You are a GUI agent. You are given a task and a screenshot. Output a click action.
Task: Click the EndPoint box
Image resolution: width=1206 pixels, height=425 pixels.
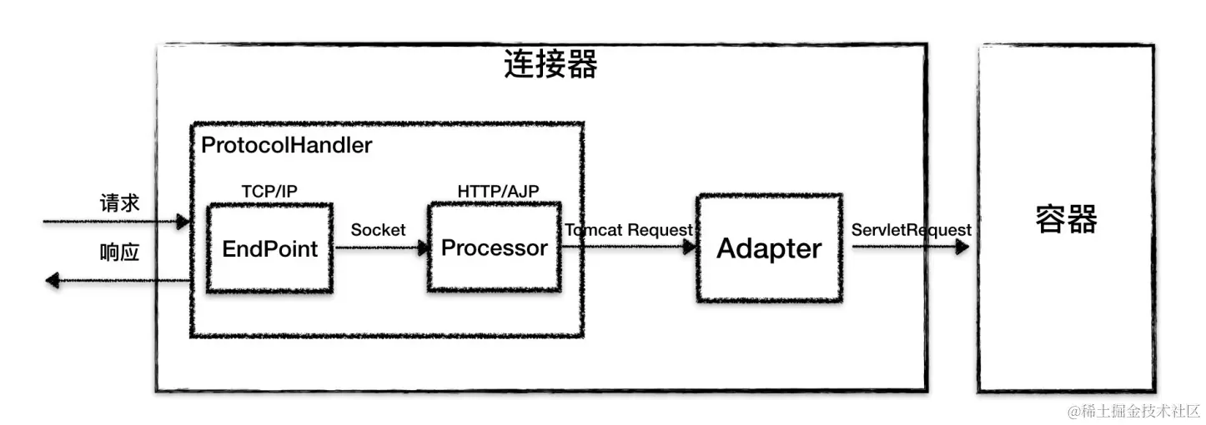[269, 248]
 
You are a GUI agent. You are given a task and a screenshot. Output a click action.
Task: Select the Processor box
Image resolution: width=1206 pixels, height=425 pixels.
[495, 247]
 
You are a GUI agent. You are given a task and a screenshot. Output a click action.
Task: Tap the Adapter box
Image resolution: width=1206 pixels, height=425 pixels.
[769, 248]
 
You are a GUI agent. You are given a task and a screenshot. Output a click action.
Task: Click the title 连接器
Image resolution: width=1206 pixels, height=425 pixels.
[550, 64]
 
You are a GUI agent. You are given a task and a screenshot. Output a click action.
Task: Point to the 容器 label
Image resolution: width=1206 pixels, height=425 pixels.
[1066, 219]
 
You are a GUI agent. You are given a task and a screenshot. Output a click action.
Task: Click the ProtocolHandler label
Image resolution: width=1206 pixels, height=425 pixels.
[286, 145]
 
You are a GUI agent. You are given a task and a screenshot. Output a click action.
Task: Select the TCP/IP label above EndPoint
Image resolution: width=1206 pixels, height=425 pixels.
[269, 191]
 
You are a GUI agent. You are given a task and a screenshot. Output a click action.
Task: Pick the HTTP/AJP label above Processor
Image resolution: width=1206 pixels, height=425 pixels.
[498, 191]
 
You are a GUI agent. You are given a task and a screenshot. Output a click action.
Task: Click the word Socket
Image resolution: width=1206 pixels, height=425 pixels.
[378, 230]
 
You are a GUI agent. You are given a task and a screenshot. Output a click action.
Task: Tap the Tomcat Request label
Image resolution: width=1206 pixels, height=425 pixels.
[629, 230]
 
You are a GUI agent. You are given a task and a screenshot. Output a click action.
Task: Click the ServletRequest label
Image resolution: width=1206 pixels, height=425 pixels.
[912, 230]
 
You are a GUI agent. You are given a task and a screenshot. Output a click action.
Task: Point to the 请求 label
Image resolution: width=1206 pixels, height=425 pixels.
[119, 203]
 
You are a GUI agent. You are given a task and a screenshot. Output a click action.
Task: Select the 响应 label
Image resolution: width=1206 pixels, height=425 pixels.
[119, 252]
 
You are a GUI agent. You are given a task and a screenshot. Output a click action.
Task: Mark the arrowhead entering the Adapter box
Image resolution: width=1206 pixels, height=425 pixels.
[689, 247]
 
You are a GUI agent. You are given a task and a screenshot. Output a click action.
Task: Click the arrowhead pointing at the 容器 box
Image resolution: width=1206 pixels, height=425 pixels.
[962, 247]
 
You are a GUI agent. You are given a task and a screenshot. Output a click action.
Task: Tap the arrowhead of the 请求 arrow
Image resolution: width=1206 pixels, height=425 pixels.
[183, 221]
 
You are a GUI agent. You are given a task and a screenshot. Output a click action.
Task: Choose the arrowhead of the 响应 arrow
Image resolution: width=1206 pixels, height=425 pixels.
[53, 280]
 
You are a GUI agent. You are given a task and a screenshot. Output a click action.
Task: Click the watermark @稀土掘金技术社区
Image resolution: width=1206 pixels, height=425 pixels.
[1133, 412]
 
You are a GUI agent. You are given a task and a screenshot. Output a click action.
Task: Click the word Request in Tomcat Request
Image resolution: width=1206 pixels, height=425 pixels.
[661, 230]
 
